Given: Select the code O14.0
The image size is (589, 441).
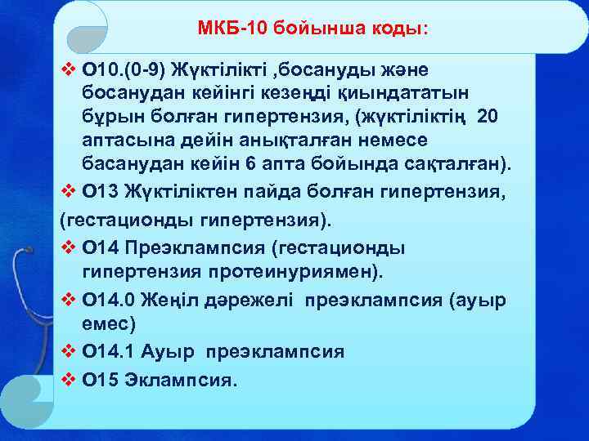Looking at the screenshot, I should click(109, 300).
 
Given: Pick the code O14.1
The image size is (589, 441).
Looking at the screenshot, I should click(109, 352).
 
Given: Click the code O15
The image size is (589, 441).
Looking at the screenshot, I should click(101, 379).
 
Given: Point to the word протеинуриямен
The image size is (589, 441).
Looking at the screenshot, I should click(295, 270).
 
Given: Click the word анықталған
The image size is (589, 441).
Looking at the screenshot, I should click(263, 140).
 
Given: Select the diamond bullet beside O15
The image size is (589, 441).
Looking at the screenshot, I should click(69, 379).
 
